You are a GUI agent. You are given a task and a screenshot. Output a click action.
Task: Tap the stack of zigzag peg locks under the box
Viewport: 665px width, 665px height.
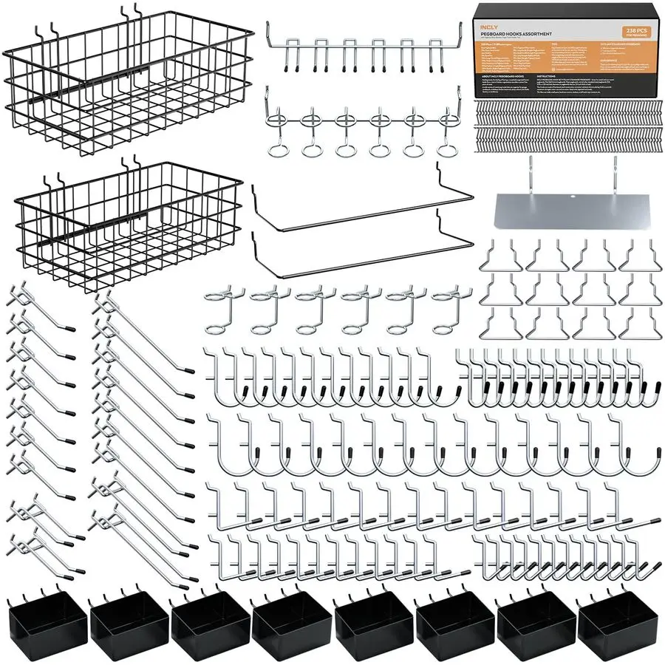[x=570, y=121]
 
